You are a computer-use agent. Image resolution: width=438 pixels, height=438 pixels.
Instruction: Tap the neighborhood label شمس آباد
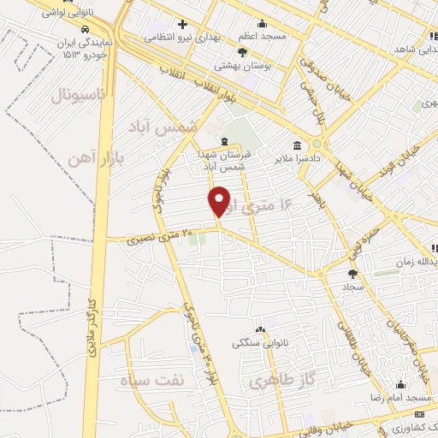tap(169, 127)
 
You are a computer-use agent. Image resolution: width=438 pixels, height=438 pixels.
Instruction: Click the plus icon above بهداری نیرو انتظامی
tap(182, 23)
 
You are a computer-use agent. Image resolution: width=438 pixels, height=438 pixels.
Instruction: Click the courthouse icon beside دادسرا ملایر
tap(297, 145)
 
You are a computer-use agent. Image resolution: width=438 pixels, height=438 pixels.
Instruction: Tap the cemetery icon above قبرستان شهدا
tap(224, 142)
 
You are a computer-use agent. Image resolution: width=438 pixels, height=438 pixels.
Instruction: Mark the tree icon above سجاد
tap(353, 275)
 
